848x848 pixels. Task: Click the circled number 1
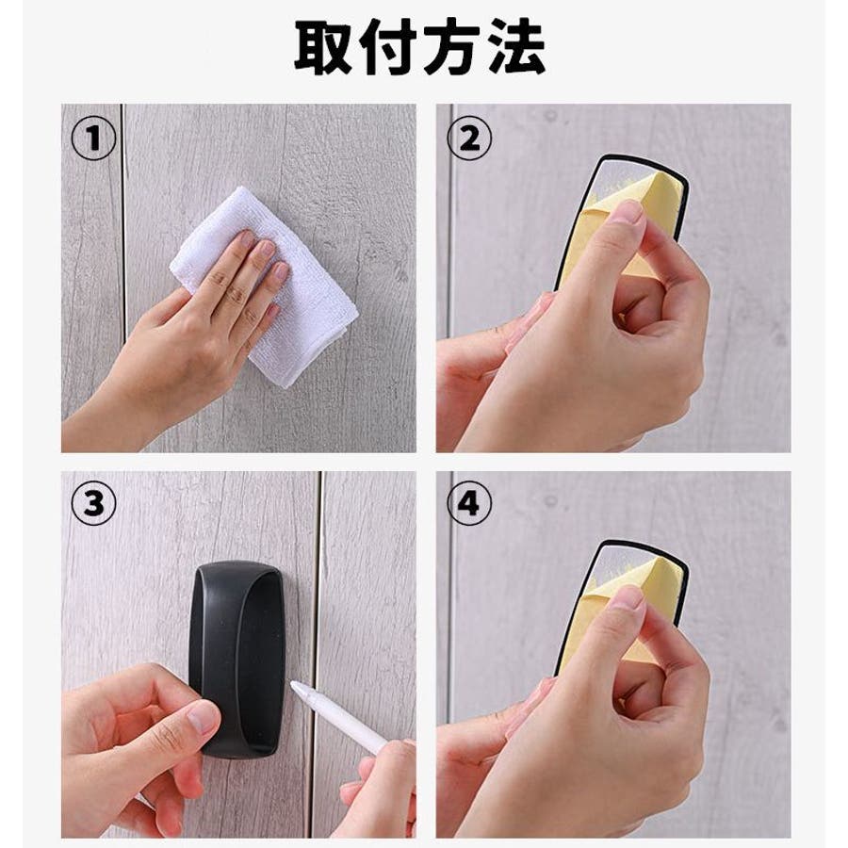tap(93, 139)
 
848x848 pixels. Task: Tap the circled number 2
tap(469, 139)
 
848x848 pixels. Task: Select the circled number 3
tap(93, 503)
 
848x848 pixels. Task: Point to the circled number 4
tap(469, 503)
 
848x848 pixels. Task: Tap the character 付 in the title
tap(388, 46)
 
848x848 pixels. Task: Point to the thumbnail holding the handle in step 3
tap(202, 718)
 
